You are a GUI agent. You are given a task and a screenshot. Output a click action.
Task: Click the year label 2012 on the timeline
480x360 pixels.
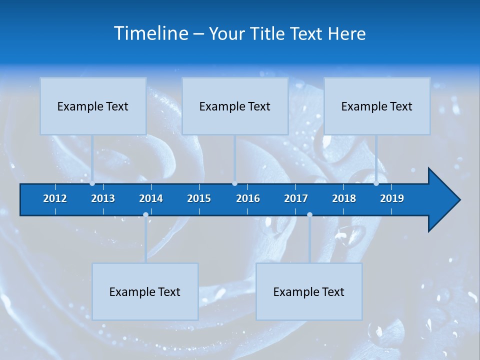pos(55,198)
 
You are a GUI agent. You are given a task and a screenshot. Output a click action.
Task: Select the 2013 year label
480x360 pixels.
pos(103,198)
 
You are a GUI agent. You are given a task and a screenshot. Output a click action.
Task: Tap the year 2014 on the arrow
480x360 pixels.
pos(151,198)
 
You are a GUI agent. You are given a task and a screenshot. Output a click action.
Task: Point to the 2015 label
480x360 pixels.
pos(199,198)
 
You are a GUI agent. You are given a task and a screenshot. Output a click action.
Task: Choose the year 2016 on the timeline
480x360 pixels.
pos(248,198)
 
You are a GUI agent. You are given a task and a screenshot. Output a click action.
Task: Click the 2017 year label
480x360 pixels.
pos(296,198)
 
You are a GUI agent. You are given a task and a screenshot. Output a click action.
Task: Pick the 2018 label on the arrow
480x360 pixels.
pos(344,198)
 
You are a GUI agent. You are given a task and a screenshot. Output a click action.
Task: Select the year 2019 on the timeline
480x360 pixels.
pos(392,198)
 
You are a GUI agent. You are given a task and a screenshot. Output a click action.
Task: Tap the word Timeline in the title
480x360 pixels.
pos(150,33)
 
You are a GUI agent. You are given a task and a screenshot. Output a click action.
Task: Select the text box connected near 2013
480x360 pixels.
pos(93,106)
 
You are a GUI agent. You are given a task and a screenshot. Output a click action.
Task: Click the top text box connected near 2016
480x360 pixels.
pos(235,106)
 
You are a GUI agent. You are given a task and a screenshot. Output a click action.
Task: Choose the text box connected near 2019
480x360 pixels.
pos(377,106)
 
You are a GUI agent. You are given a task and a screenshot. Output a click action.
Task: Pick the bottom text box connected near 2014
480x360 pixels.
pos(145,291)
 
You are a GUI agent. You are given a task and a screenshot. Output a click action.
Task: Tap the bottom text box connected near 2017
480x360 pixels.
pos(309,291)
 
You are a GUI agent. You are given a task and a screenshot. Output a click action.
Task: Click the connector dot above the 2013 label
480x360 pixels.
pos(92,183)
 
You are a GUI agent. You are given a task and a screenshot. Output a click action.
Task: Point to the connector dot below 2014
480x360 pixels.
pos(145,215)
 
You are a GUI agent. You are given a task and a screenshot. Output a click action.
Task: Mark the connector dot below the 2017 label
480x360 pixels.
pos(309,215)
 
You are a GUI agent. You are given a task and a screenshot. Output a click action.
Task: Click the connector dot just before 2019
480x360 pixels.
pos(376,183)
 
